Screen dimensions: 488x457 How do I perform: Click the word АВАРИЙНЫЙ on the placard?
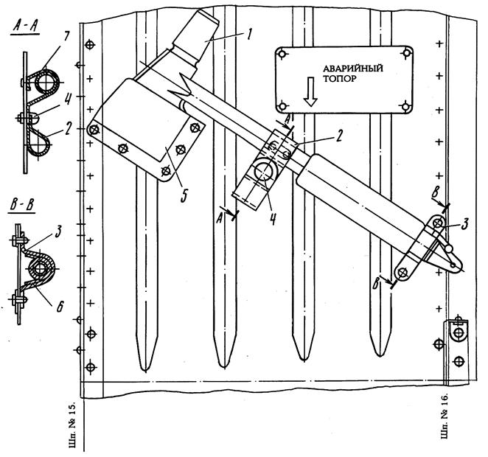353,68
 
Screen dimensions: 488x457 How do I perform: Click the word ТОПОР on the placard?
340,79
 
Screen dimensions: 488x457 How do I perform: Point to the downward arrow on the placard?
310,92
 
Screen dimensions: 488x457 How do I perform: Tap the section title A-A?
26,27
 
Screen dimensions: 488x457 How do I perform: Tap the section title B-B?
21,206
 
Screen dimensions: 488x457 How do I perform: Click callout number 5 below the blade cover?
184,196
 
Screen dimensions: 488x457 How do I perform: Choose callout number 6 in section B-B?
60,306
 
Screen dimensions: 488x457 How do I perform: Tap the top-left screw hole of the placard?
282,54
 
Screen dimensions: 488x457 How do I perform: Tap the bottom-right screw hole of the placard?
405,108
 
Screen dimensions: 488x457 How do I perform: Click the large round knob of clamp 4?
263,171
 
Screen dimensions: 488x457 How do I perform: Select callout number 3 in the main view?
464,223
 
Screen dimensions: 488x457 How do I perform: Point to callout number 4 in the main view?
272,218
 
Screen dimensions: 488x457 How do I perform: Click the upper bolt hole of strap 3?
439,223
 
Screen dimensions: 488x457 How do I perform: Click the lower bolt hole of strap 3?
402,273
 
